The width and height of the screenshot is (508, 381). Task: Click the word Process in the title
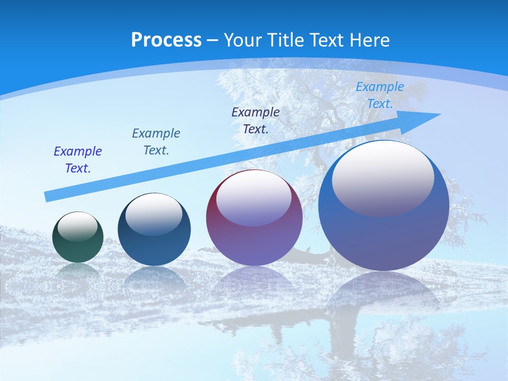point(166,40)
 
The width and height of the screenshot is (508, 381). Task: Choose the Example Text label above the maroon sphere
point(256,120)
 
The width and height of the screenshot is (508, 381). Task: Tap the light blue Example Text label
point(380,95)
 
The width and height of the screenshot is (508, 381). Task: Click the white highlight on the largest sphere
point(383,177)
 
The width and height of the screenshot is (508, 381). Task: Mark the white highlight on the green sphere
point(78,226)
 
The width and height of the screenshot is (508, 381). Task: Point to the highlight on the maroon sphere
point(254,198)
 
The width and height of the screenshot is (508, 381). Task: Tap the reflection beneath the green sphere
point(78,271)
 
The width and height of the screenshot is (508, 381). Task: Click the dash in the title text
point(212,40)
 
